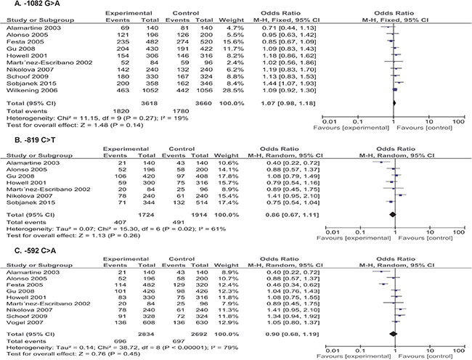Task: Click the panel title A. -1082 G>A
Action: tap(26, 4)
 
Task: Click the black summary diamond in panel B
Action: tap(393, 214)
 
